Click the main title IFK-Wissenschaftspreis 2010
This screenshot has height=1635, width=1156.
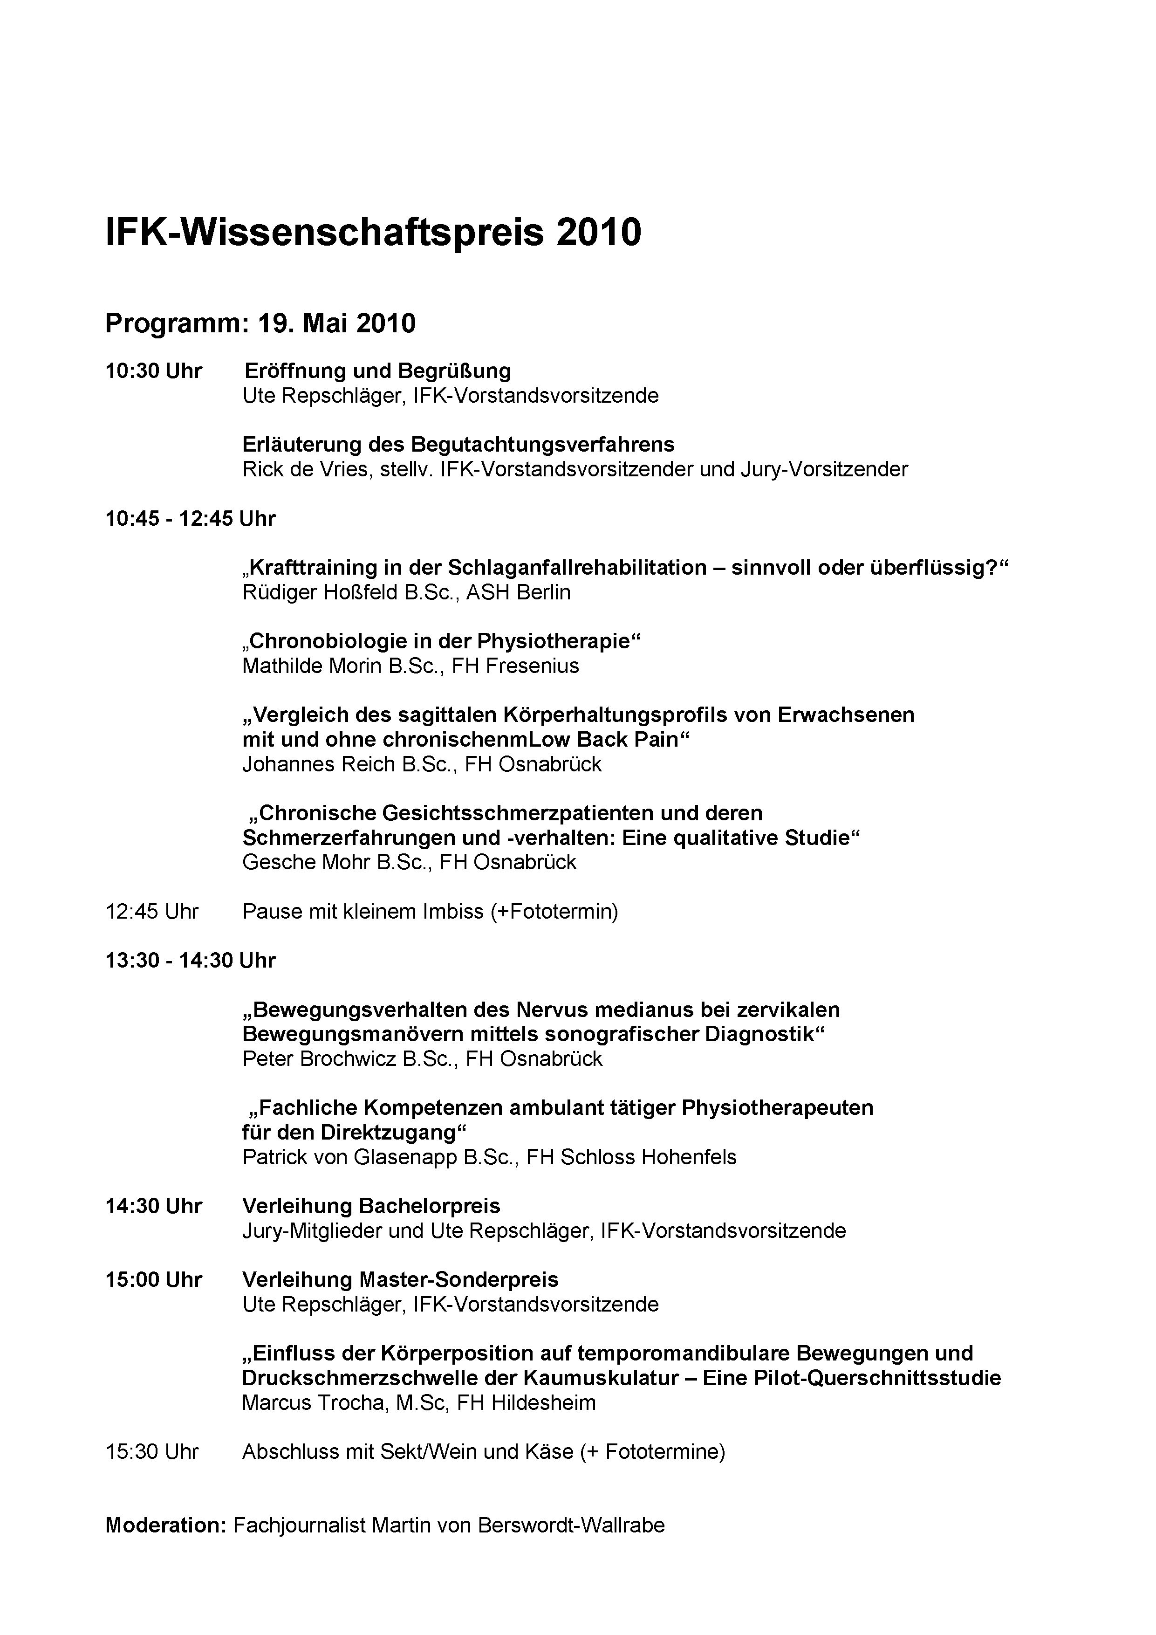[373, 233]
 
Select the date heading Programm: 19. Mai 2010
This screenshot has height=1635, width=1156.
[260, 324]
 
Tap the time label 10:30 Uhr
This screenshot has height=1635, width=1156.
[154, 371]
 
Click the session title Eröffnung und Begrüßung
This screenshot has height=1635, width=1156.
[377, 371]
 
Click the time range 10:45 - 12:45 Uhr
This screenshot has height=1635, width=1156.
[190, 518]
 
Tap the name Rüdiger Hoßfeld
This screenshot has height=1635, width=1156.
[322, 592]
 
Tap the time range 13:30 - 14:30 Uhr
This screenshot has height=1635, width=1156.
[190, 961]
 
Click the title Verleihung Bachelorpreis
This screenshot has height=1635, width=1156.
[371, 1206]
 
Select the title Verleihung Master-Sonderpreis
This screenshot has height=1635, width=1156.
[400, 1280]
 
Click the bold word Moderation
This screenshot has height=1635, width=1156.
[165, 1525]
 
